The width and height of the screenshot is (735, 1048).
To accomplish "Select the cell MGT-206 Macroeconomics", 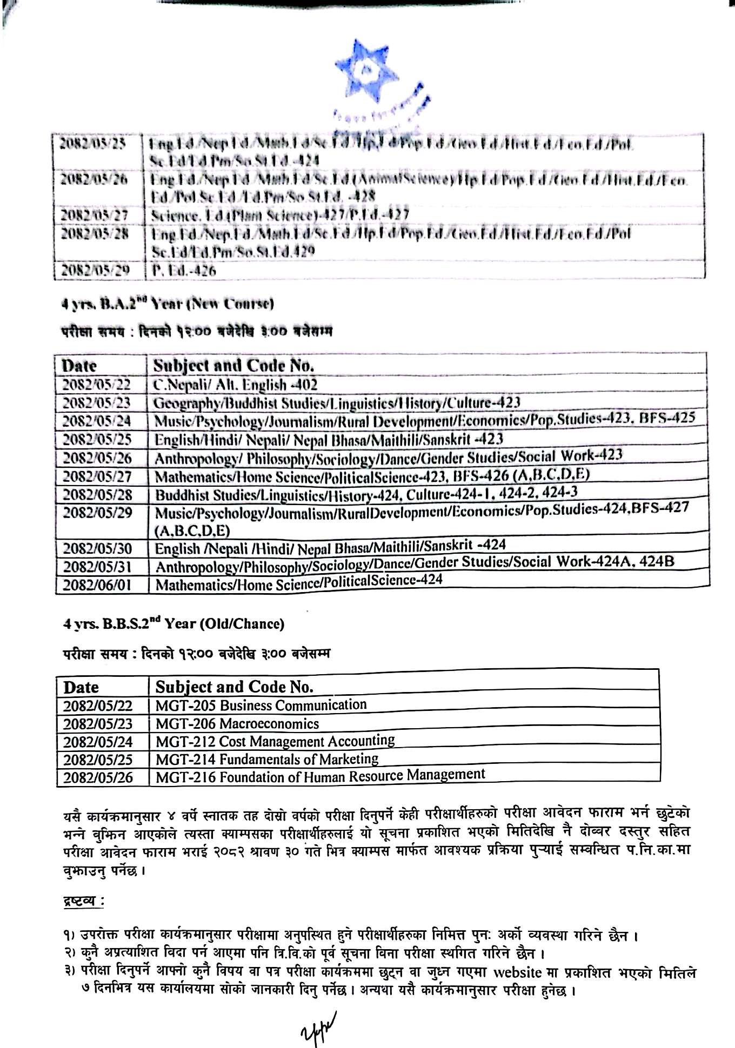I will point(237,723).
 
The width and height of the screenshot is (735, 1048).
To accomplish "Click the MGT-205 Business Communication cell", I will point(261,705).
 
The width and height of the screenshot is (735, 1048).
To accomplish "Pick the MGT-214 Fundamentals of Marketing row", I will point(267,759).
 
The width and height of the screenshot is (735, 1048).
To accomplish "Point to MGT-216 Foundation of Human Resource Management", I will point(320,776).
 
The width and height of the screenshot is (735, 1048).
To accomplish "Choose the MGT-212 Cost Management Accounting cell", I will point(275,741).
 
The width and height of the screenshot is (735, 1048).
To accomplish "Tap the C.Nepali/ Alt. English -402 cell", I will point(236,385).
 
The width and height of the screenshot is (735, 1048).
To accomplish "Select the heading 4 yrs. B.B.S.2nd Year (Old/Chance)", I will point(173,624).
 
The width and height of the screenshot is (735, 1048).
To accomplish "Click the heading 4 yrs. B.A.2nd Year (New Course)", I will point(168,304).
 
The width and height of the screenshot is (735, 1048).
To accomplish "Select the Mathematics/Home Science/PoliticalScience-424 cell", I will point(299,582).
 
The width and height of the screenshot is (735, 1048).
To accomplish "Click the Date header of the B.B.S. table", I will point(82,687).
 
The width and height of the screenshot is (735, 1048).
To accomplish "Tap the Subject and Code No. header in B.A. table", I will point(233,365).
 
